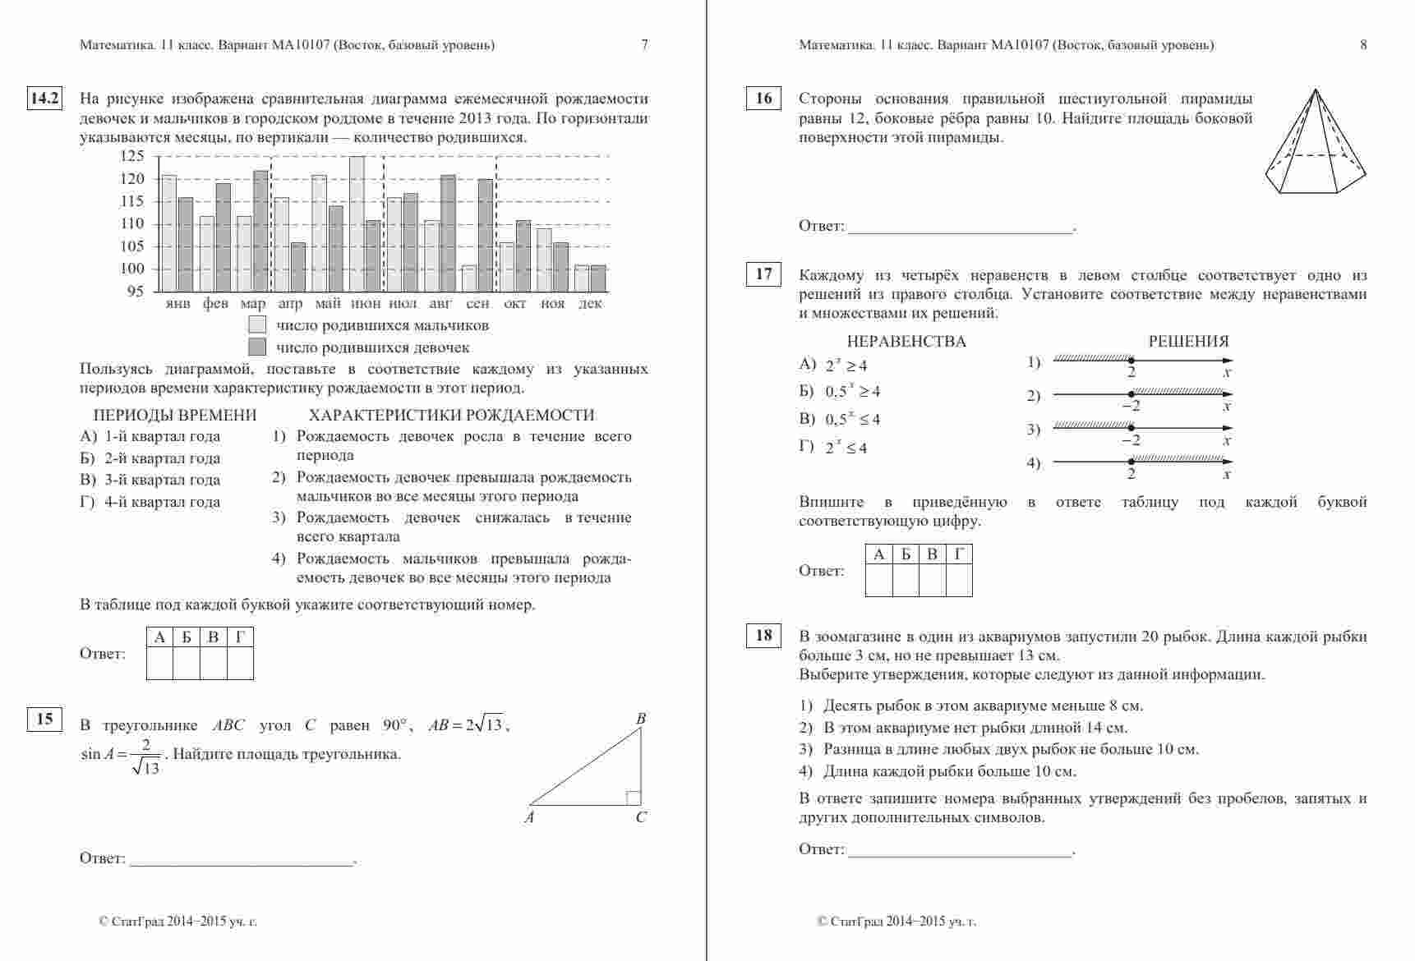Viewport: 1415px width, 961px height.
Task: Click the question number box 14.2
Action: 44,99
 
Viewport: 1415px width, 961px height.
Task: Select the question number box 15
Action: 44,720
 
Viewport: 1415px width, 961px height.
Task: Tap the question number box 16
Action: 763,99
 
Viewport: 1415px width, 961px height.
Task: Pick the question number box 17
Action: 763,274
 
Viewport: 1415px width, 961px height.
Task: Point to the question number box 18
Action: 763,635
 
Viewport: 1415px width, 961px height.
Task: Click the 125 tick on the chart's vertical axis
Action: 131,156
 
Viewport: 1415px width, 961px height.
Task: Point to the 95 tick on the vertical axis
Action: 136,291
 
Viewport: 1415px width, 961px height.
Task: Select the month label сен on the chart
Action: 477,303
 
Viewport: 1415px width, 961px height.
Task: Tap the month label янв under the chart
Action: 177,303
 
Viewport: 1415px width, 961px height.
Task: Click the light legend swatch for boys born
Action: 257,325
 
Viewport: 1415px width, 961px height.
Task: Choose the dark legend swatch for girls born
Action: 257,347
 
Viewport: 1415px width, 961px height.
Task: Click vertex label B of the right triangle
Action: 641,720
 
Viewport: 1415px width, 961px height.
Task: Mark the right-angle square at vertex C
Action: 634,798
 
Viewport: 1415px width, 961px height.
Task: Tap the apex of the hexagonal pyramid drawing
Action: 1315,90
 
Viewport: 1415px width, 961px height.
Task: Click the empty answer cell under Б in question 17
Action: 906,580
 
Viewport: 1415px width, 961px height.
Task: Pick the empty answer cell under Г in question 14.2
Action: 240,663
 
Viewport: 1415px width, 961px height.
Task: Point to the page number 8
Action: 1364,45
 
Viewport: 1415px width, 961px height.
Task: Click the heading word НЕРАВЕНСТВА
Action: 906,342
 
